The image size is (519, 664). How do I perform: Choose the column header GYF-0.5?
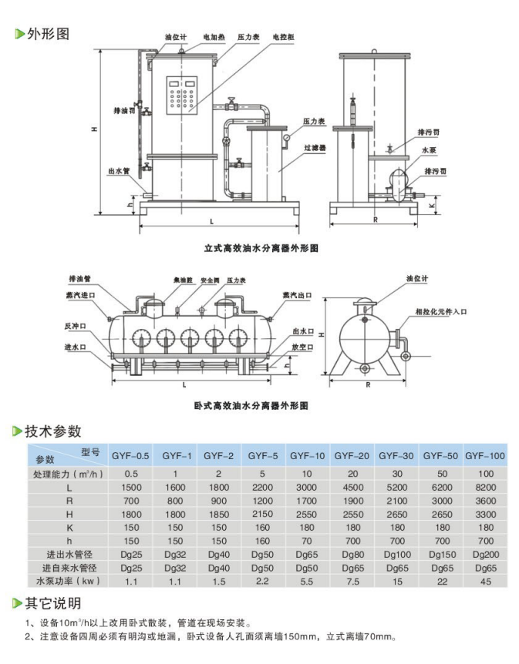[131, 455]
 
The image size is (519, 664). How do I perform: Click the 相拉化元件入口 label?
[441, 312]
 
